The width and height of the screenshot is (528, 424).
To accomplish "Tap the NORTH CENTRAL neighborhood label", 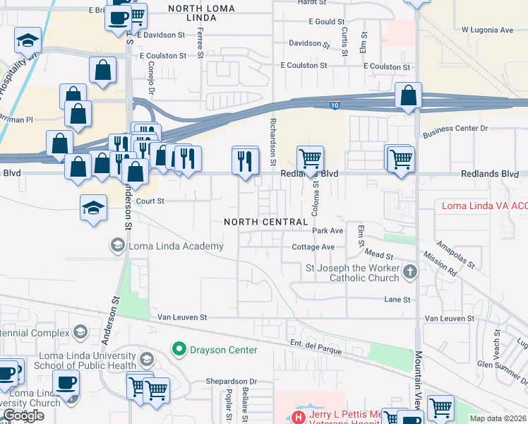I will coord(266,222).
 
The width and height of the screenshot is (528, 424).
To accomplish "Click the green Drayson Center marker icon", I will coord(179,349).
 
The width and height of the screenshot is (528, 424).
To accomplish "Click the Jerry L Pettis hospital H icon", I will coord(298,417).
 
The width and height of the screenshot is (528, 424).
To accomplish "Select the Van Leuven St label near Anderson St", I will coord(182,318).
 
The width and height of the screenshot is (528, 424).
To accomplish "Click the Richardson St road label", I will coord(272,143).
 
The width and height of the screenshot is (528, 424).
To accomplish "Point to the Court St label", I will coord(150,201).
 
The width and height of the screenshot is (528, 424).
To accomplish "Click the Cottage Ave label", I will coord(313,247).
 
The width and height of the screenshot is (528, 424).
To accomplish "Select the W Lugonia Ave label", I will coord(487,30).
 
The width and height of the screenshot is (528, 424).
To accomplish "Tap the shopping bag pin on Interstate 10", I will coord(408,96).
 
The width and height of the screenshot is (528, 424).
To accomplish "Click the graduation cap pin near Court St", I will coord(93,208).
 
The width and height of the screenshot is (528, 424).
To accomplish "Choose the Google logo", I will coord(23,416).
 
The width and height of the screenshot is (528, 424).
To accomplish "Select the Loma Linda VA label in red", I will coord(484,206).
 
